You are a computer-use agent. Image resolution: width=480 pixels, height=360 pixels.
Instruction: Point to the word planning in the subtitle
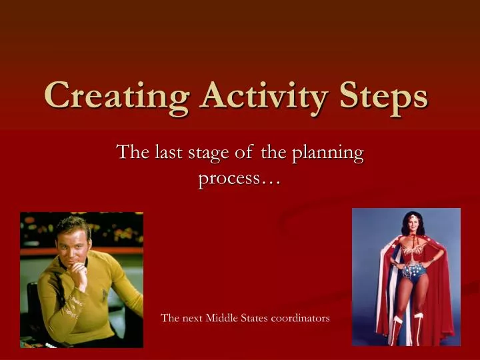click(x=326, y=153)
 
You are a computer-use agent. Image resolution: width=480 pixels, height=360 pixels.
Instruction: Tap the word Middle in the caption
click(x=223, y=319)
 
